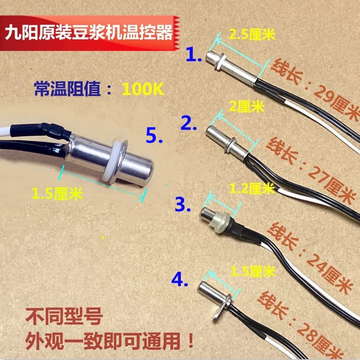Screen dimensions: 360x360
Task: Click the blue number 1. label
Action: (x=194, y=55)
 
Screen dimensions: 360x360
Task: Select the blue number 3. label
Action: (x=185, y=205)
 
